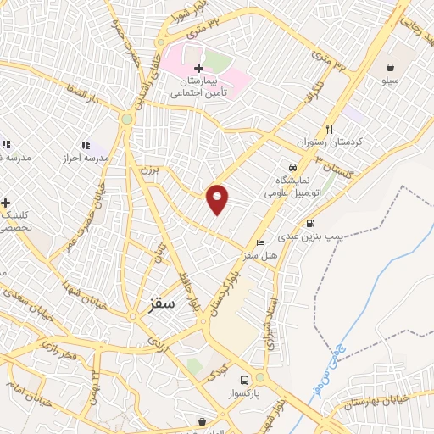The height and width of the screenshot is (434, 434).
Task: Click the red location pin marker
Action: [218, 199]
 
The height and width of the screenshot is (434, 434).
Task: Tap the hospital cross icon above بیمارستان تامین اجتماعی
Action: [198, 69]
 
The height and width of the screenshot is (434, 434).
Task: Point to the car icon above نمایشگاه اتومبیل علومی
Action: [292, 168]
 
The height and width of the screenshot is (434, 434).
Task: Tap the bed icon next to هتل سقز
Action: [259, 242]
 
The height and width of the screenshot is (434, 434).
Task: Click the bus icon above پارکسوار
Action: [245, 379]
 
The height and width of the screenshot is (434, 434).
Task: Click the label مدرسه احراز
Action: [86, 159]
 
